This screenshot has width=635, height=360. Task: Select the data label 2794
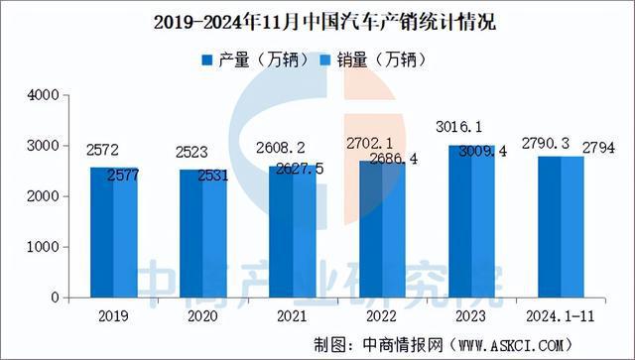tap(605, 149)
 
